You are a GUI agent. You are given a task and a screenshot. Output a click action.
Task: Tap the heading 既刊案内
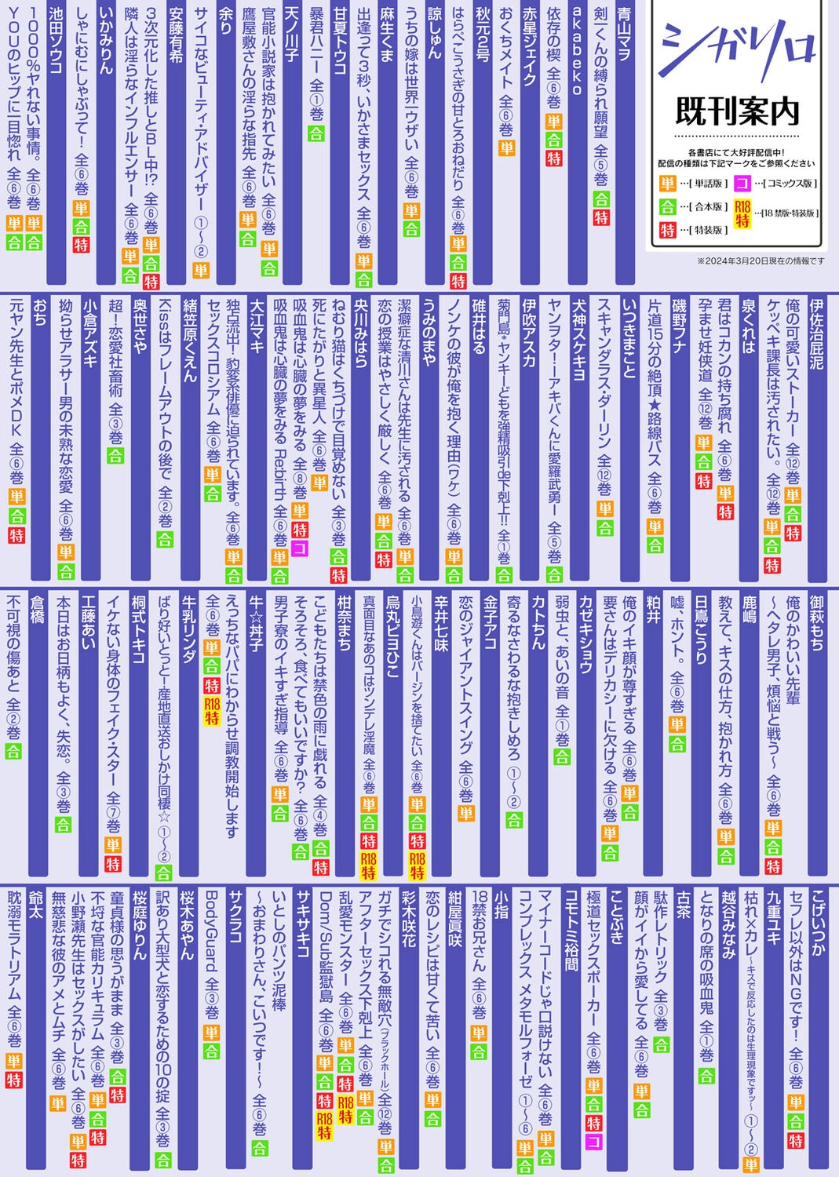tap(736, 111)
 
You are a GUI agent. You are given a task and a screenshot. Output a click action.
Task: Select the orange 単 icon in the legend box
tap(667, 184)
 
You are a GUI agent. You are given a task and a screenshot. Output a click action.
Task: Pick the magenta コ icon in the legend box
tap(742, 184)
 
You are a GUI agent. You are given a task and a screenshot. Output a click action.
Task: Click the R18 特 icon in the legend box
tap(742, 213)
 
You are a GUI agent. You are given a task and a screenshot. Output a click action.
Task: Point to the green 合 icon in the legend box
tap(667, 206)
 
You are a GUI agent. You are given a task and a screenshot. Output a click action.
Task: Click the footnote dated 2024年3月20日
tap(761, 261)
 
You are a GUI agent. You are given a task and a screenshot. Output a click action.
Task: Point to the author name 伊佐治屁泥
tap(816, 333)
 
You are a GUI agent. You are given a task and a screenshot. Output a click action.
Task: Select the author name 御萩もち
tap(816, 624)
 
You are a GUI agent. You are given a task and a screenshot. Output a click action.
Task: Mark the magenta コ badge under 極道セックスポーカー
tap(594, 1142)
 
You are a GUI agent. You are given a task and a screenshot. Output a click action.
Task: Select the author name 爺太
tap(35, 906)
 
